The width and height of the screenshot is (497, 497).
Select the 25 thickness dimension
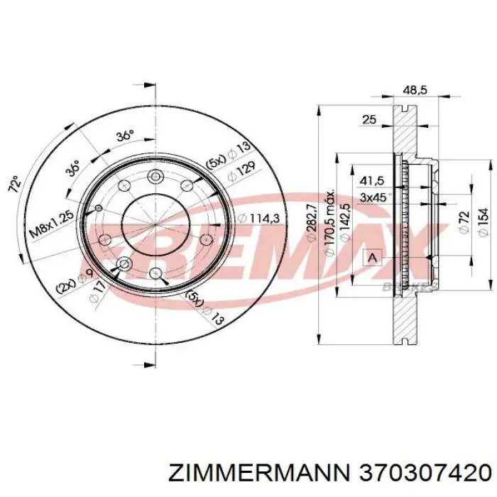pos(368,120)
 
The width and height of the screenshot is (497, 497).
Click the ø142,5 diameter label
pos(345,221)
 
